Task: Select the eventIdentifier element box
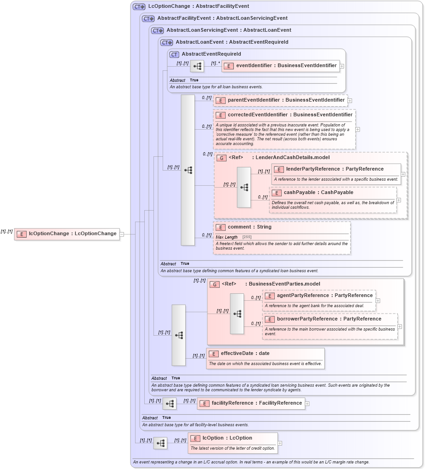[x=281, y=66]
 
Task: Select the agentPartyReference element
[x=324, y=296]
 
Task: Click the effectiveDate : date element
[x=245, y=354]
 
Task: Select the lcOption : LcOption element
[x=227, y=438]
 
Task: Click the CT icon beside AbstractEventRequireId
[x=174, y=54]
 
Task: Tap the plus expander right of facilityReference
[x=307, y=404]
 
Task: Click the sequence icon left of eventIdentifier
[x=197, y=66]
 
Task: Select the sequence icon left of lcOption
[x=160, y=443]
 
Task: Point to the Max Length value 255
[x=247, y=237]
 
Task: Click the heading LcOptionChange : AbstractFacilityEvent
[x=198, y=6]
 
